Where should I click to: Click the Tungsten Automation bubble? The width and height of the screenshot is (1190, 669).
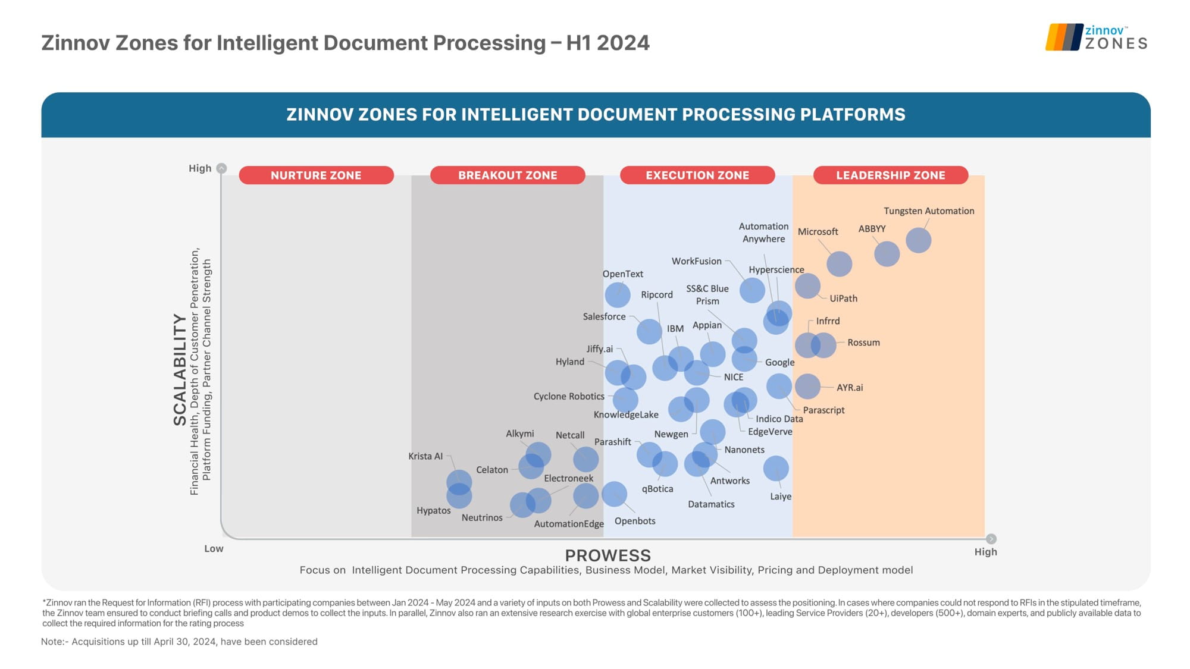(918, 240)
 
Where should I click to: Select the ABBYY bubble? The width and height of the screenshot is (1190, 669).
(887, 254)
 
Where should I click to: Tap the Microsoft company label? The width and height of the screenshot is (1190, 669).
(818, 232)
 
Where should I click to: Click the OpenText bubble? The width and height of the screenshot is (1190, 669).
(618, 295)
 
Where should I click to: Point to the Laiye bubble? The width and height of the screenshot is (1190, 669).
(776, 469)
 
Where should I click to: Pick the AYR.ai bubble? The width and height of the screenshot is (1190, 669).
(807, 387)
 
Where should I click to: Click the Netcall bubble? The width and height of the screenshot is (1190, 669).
(585, 459)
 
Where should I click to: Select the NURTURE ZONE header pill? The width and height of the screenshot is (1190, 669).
(316, 175)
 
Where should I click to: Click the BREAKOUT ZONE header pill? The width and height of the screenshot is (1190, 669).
(508, 175)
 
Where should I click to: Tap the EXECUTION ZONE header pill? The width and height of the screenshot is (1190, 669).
(697, 175)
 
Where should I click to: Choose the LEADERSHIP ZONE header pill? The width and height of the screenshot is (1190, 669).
(890, 175)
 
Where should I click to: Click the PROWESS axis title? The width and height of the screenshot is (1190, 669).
(607, 555)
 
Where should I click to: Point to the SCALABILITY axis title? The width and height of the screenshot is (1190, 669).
(180, 369)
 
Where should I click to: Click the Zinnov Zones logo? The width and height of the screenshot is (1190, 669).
(1096, 37)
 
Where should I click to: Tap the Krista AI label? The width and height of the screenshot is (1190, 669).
(425, 456)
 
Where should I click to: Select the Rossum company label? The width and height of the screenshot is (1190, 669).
(863, 343)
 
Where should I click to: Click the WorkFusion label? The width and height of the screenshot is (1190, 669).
(696, 261)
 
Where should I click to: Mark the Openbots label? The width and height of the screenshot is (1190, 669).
(635, 521)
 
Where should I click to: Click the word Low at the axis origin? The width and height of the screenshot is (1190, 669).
(214, 548)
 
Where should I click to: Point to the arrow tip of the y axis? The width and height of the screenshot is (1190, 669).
(221, 168)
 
